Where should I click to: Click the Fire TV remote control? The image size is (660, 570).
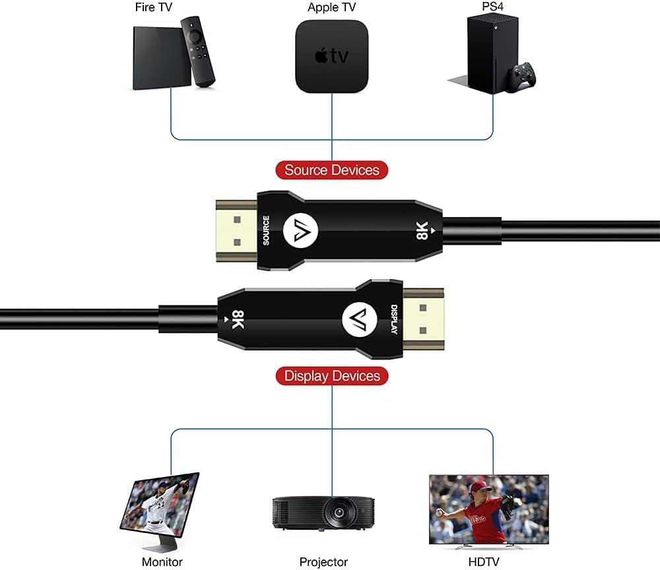pos(197,51)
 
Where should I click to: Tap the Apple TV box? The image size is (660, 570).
pos(332,56)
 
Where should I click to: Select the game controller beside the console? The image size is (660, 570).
pos(521,77)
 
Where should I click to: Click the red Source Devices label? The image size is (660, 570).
pos(332,170)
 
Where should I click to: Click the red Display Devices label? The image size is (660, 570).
pos(332,375)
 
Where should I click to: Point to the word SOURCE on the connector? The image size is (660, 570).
pos(266,230)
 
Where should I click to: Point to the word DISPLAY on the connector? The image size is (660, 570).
pos(394,319)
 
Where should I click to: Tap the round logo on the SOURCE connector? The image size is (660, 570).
pos(300,230)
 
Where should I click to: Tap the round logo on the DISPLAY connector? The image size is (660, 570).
pos(360,319)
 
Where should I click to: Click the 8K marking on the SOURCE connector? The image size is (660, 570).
pos(422,230)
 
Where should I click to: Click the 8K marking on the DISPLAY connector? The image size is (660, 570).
pos(238,319)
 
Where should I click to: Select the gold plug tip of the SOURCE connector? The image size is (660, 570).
pos(236,230)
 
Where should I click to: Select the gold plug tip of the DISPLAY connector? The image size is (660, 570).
pos(424,319)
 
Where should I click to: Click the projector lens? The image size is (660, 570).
pos(338,513)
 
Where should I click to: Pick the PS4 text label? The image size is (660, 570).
pos(492,7)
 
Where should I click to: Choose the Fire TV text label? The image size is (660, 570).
pos(153,7)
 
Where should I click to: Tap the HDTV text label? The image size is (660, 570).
pos(484,561)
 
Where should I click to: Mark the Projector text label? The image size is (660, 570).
pos(323,562)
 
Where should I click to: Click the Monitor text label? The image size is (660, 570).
pos(162,561)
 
